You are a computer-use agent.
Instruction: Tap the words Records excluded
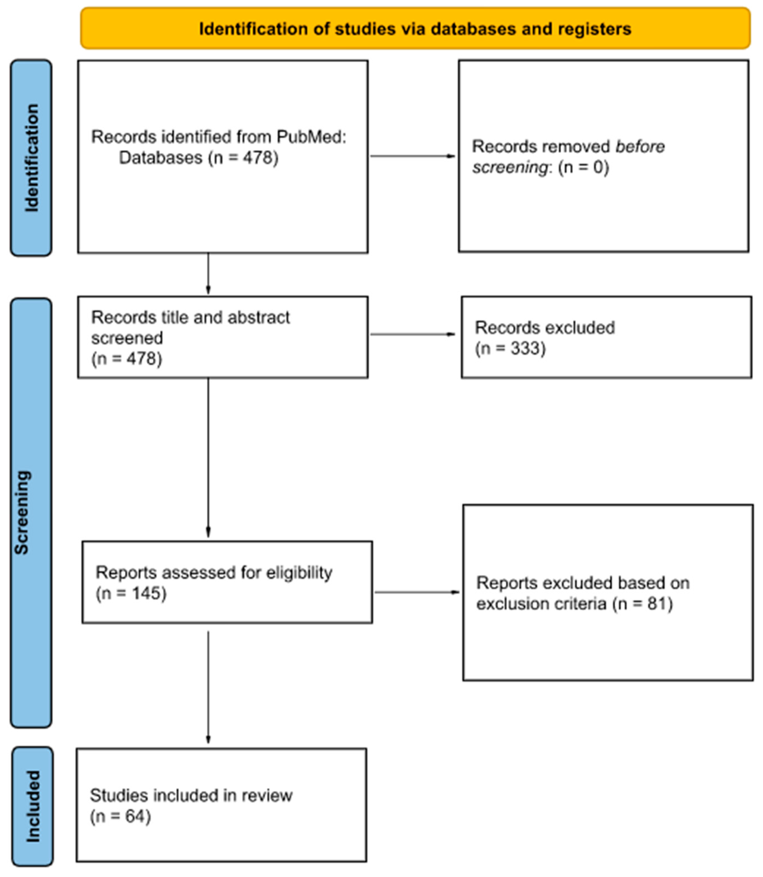coord(545,328)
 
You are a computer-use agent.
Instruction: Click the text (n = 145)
coord(131,593)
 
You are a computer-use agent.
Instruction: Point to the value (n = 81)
coord(643,603)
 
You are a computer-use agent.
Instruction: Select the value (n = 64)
coord(120,816)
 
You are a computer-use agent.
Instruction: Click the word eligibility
coord(299,572)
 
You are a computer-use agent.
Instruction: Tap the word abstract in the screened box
coord(259,317)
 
